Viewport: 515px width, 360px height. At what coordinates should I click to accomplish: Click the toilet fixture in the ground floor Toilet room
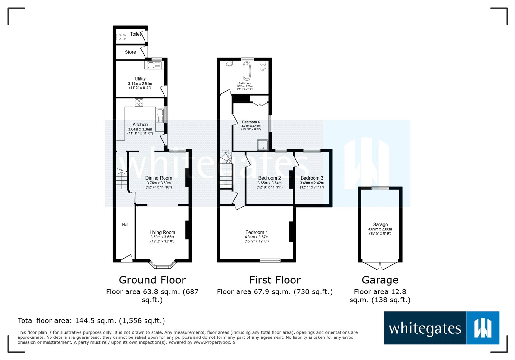click(x=121, y=37)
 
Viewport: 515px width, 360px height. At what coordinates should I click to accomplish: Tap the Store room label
click(x=130, y=52)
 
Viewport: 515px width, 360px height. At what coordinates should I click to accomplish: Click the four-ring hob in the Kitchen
click(x=139, y=103)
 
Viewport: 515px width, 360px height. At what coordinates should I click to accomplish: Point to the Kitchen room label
click(x=140, y=125)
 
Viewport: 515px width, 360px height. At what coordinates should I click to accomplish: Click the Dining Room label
click(x=159, y=178)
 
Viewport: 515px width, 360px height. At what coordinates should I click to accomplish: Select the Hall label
click(x=125, y=225)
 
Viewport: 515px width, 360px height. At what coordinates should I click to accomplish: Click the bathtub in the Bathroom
click(x=247, y=71)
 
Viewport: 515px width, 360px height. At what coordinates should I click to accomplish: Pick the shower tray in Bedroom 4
click(x=263, y=145)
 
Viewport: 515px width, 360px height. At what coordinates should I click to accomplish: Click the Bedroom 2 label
click(x=269, y=178)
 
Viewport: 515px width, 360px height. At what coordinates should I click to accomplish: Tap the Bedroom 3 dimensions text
click(x=312, y=185)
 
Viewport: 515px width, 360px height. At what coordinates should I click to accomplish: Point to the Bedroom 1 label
click(x=257, y=232)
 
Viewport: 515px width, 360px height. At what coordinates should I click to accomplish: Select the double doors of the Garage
click(x=380, y=266)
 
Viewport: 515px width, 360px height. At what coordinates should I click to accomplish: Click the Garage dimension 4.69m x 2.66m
click(x=380, y=229)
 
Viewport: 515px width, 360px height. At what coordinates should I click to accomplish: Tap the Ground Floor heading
click(x=152, y=280)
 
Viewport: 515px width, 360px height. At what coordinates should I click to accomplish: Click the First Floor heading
click(x=275, y=280)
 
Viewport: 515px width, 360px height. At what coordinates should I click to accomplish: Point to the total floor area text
click(x=91, y=321)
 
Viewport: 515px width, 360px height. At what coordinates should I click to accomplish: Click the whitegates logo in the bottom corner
click(x=441, y=328)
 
